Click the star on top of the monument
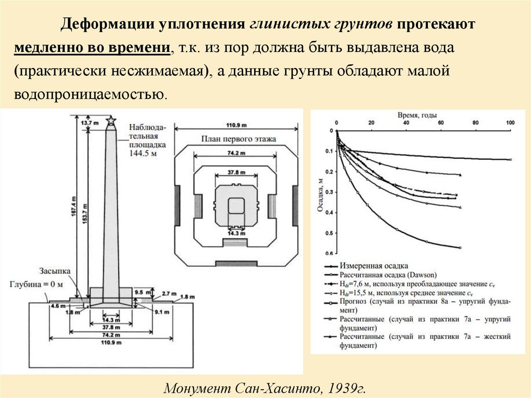(110, 121)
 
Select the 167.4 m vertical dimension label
(73, 208)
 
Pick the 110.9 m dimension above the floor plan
(236, 125)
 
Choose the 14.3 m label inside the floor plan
(236, 234)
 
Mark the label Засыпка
(54, 271)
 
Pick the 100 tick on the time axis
(510, 122)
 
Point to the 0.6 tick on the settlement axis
(328, 253)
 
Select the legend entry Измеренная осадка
(374, 266)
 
